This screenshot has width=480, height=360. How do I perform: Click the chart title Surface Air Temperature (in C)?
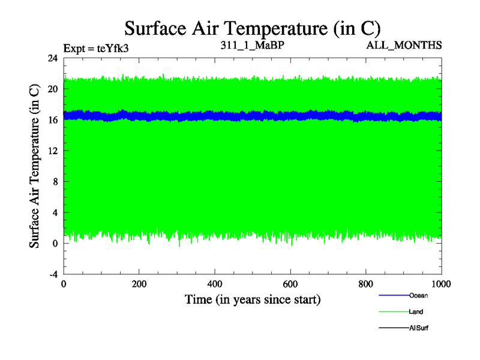point(252,28)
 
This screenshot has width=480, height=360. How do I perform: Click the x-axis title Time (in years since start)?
point(253,299)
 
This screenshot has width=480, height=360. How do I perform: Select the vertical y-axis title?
point(35,166)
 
